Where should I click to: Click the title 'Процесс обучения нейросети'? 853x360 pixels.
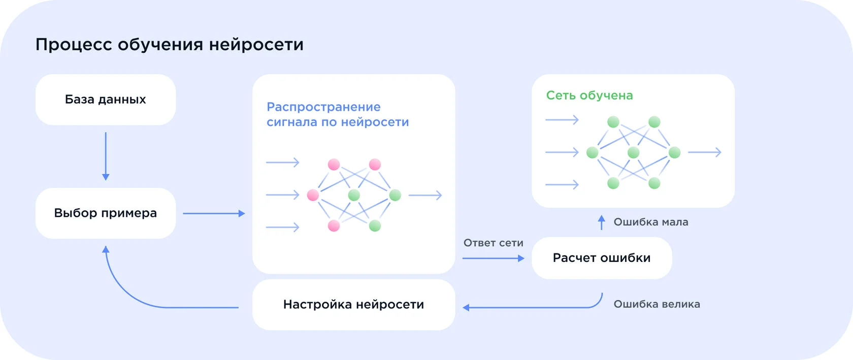[170, 45]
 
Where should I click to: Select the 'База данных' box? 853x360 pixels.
[106, 100]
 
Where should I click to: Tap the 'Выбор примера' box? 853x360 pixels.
[106, 213]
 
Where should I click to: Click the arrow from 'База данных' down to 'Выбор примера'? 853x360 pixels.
[106, 156]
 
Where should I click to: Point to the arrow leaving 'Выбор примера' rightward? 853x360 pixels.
[214, 214]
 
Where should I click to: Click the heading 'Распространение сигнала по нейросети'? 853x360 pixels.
[338, 115]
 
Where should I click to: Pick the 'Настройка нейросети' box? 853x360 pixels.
[353, 305]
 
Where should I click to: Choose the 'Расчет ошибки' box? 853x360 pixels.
[602, 258]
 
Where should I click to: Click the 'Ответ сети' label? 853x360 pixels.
[493, 243]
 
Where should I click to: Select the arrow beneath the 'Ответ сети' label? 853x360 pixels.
[493, 258]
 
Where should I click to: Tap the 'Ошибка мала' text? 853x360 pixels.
[651, 222]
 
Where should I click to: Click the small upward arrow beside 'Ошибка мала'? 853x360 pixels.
[602, 222]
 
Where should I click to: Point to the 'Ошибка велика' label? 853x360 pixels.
[657, 304]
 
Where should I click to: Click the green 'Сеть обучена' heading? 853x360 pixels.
[589, 95]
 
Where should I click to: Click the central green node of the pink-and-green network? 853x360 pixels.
[354, 195]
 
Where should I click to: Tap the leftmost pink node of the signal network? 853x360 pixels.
[313, 195]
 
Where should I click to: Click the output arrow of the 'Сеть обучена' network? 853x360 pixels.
[704, 152]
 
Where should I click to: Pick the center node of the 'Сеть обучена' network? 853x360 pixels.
[633, 152]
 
